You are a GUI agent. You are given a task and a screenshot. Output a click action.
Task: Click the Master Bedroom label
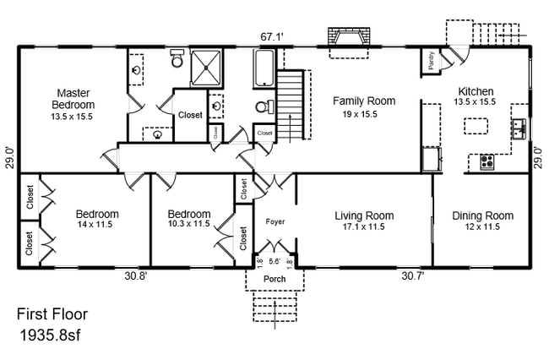(x=73, y=98)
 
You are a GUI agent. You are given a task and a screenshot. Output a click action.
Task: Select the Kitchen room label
(x=476, y=92)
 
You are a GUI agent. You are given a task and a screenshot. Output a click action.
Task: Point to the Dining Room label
(x=482, y=215)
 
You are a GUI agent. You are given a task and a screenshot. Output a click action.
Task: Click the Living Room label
(x=364, y=215)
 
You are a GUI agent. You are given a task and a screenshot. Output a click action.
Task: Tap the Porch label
(x=274, y=279)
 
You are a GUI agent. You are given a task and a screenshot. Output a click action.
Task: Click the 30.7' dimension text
(x=412, y=276)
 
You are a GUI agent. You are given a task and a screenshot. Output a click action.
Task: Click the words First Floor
(x=52, y=315)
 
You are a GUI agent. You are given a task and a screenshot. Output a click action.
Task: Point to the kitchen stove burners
(x=487, y=161)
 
